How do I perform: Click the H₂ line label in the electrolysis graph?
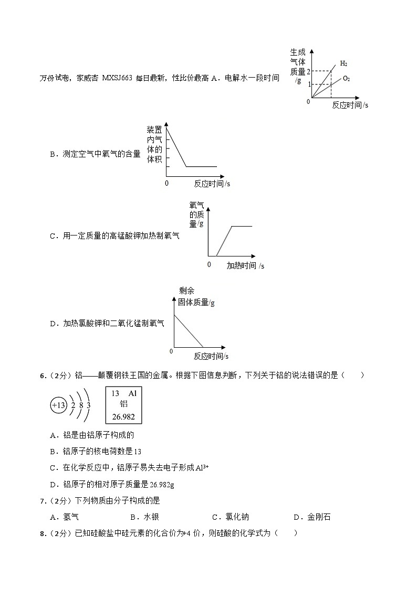(343, 63)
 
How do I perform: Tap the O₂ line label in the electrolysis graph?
(346, 79)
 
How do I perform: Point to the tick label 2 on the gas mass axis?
(308, 71)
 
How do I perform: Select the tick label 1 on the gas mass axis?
(308, 84)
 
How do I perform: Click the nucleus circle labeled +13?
(58, 405)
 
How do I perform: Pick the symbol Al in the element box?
(132, 393)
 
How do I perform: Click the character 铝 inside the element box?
(124, 404)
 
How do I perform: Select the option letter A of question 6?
(53, 435)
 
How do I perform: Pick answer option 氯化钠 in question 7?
(237, 517)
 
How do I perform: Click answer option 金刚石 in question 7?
(319, 517)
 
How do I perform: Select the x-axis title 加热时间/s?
(245, 266)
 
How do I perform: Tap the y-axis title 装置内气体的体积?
(154, 144)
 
